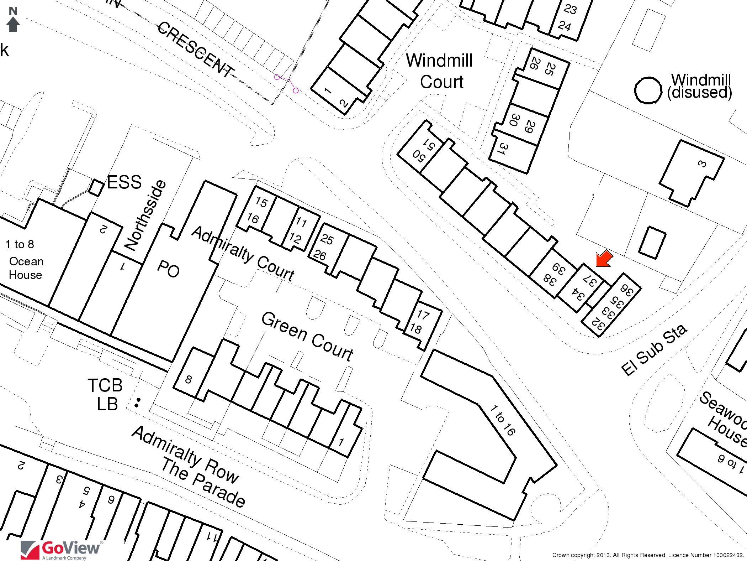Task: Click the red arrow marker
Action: point(604,259)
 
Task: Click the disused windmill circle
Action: point(648,90)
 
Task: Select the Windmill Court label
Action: point(440,71)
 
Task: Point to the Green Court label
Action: point(307,337)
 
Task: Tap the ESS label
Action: point(124,182)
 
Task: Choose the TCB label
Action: point(105,385)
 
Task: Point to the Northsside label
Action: point(145,215)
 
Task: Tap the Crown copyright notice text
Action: point(647,555)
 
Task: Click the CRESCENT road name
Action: point(195,50)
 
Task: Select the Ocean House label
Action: point(26,268)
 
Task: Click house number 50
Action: point(418,156)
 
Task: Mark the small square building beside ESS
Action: point(95,187)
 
